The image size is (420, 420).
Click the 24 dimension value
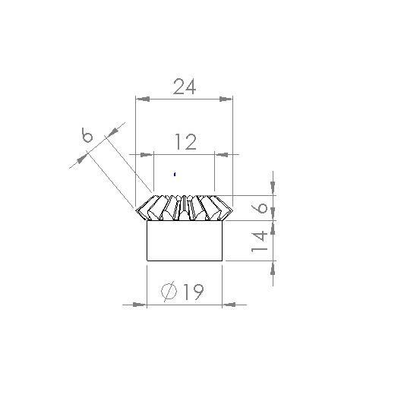[185, 87]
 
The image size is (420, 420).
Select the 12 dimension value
[185, 142]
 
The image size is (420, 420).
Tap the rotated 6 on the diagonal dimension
[88, 136]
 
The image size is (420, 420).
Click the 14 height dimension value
[259, 241]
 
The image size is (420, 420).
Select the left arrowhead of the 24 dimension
[141, 98]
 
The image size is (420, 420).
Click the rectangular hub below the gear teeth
[184, 241]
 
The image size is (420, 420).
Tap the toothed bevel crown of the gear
[184, 207]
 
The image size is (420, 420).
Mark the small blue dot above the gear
[176, 174]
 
